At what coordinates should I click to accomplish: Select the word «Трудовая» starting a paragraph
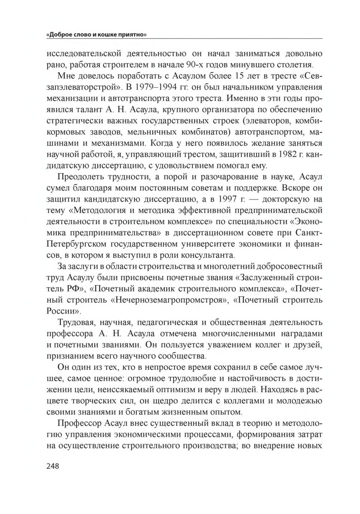point(76,322)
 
